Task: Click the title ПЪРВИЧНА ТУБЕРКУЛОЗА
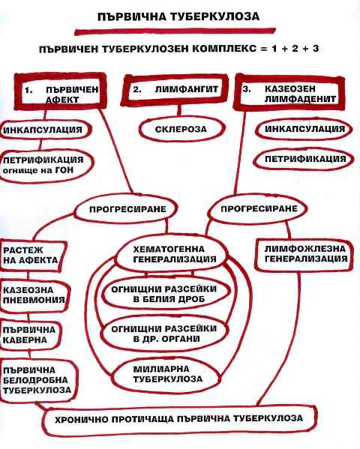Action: (x=178, y=16)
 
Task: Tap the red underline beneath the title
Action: (x=175, y=31)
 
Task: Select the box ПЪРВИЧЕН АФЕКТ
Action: (x=60, y=91)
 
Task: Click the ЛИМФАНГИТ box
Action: (x=175, y=90)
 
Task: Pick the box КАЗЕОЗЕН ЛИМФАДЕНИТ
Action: (x=289, y=93)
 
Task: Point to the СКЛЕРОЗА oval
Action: (x=181, y=129)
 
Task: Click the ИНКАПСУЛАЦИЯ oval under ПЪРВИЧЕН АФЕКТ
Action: (x=44, y=130)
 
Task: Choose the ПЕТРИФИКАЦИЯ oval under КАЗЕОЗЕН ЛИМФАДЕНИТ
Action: (x=304, y=159)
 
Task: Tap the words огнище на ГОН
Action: (x=38, y=171)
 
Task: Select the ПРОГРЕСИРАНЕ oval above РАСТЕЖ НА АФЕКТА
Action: (x=126, y=209)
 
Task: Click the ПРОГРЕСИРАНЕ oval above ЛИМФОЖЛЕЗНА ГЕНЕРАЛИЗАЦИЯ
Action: (x=257, y=208)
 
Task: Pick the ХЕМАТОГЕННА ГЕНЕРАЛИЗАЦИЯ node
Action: (x=172, y=254)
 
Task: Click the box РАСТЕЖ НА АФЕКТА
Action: (x=32, y=256)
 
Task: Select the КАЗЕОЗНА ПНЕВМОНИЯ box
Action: (x=34, y=295)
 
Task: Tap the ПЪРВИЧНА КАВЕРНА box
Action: (x=30, y=335)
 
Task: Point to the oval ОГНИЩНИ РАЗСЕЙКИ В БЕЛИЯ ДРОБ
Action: (x=166, y=294)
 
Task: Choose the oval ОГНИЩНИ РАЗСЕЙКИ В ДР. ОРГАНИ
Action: (x=164, y=334)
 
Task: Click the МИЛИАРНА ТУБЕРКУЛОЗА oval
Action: (x=166, y=374)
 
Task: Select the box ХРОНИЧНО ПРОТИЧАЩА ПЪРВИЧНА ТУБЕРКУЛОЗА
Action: (x=179, y=420)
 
